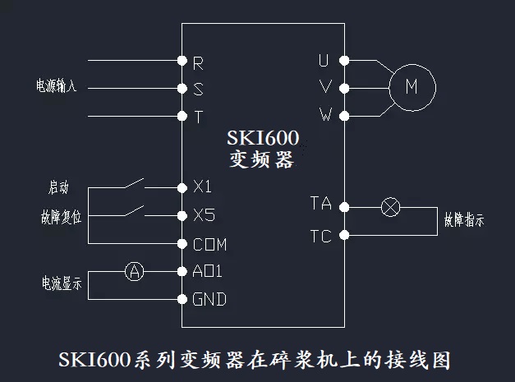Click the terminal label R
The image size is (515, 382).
[198, 62]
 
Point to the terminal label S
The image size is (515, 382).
[198, 89]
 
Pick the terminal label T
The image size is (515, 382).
[198, 116]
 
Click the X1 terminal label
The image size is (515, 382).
[202, 187]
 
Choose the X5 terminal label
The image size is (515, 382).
[203, 216]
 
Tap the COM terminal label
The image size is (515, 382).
[209, 244]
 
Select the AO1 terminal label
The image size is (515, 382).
[207, 271]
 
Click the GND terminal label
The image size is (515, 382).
[209, 299]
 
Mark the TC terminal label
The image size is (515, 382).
[321, 237]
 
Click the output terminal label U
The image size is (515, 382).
[324, 60]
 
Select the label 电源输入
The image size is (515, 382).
[55, 86]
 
